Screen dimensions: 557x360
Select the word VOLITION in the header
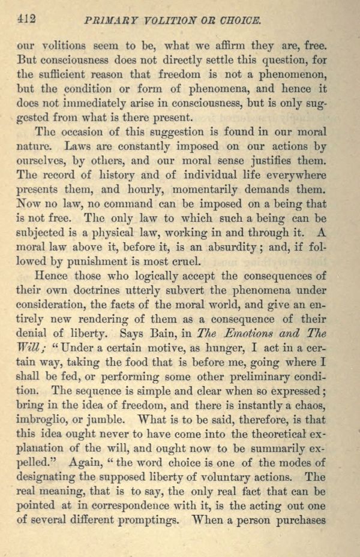point(166,20)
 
